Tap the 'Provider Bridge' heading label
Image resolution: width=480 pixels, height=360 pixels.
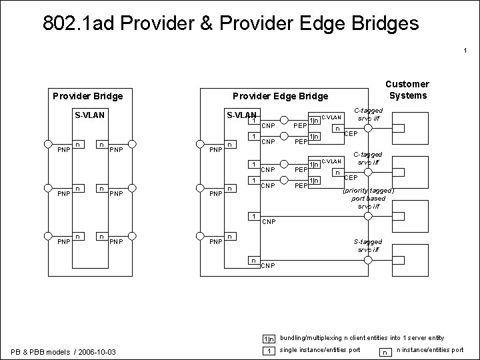pos(87,96)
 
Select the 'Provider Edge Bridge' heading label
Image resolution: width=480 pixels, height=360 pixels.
pos(280,96)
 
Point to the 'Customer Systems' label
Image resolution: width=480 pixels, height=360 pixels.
pos(409,89)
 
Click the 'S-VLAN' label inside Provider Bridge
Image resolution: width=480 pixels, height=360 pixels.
pos(89,115)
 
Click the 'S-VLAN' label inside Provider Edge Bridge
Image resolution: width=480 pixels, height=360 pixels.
pos(241,115)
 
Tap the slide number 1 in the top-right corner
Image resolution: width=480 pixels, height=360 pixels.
pos(465,51)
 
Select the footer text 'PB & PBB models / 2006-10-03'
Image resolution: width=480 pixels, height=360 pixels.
pos(63,351)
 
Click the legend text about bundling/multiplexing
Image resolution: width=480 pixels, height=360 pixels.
pos(362,338)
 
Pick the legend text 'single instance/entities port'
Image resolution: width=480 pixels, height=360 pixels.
pos(320,350)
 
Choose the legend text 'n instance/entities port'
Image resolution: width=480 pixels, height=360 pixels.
pos(430,350)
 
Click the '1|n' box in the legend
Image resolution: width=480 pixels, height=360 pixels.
pos(267,339)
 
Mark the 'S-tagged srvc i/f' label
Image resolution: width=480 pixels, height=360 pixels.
pos(368,245)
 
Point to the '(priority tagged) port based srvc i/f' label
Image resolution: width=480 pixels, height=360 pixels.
pos(368,198)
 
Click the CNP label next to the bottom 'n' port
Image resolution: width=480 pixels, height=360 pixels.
pos(268,266)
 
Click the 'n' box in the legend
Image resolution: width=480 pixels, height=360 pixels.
pos(385,351)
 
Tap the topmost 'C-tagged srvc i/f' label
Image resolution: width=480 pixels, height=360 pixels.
pos(367,114)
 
